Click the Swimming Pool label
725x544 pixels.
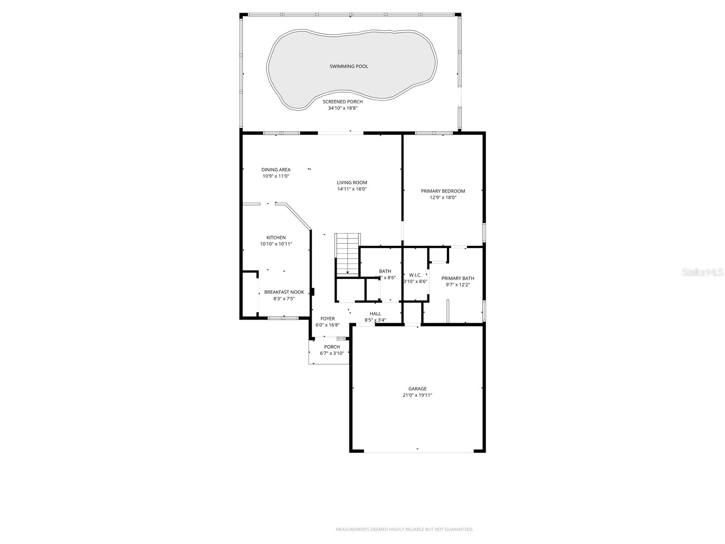348,67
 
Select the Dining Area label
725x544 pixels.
275,170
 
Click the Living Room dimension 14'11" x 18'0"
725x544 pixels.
352,189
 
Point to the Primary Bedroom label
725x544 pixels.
443,191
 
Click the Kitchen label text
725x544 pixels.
275,238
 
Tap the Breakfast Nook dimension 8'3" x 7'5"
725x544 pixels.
284,299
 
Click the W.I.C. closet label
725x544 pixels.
415,275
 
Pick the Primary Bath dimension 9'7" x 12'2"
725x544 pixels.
458,285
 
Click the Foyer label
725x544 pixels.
327,319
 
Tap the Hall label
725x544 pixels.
375,314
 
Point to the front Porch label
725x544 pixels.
332,347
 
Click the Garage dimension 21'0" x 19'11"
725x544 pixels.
417,395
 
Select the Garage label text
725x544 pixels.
417,389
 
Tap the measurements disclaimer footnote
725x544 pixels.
404,529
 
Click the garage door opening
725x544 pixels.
418,452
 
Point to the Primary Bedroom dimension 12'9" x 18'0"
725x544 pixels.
443,198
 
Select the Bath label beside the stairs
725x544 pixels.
385,271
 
